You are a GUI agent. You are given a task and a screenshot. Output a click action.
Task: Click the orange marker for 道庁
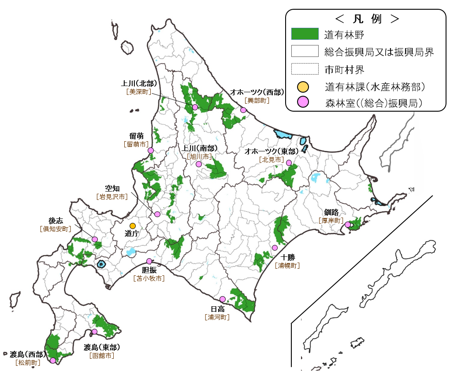133,226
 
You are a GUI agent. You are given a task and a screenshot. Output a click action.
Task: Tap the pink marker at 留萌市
151,150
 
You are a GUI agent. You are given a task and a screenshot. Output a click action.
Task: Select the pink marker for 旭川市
199,164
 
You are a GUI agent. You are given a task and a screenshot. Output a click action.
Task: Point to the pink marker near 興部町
243,110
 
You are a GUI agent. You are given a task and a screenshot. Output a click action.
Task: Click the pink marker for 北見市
289,163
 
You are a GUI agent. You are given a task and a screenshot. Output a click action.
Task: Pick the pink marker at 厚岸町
348,225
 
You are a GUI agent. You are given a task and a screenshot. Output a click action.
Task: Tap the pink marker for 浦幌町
275,248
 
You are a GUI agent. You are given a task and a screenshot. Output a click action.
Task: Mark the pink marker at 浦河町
223,299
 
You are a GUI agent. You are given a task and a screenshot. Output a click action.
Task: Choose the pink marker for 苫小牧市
149,261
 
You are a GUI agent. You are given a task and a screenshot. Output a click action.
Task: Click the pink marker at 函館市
94,331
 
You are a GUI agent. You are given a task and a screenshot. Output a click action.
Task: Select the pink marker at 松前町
53,361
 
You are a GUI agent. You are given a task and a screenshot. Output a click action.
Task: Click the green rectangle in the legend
305,34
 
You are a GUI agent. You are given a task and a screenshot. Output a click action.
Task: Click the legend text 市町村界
344,69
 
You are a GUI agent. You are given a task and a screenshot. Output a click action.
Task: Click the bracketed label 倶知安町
55,229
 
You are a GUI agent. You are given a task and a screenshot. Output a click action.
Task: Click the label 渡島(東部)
102,347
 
